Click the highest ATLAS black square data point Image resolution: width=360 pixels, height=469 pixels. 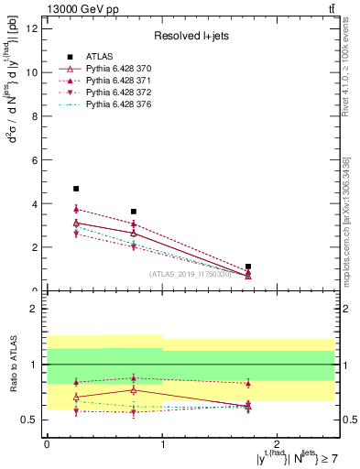76,189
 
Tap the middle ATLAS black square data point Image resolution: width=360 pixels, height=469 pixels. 134,212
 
